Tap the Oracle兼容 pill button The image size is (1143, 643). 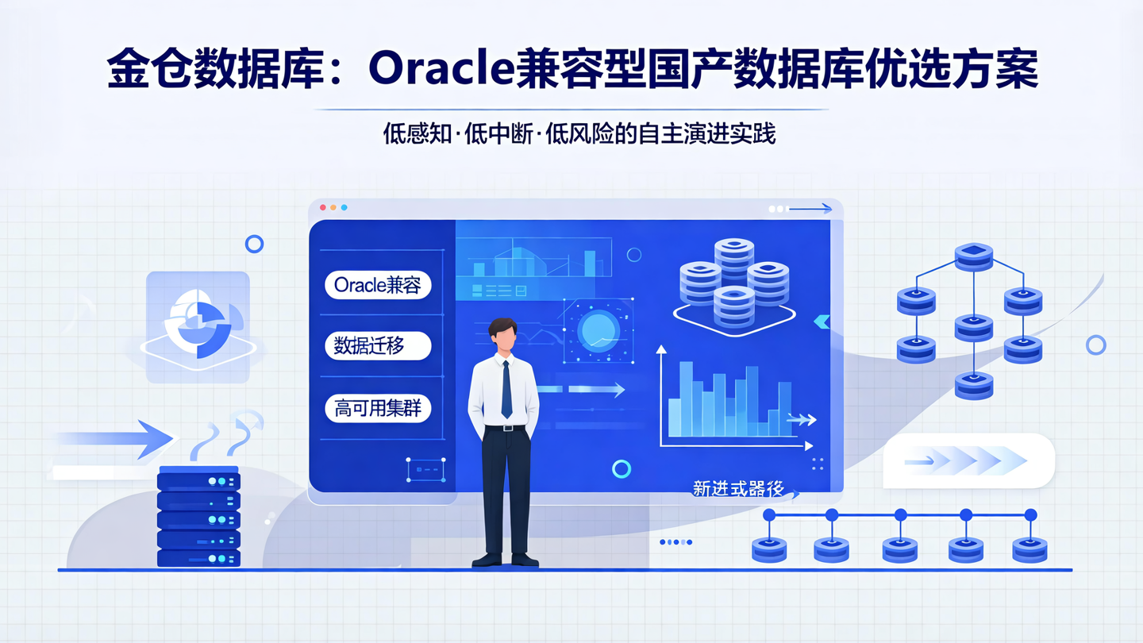pos(378,285)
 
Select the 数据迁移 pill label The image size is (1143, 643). pos(378,346)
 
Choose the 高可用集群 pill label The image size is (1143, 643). pos(378,409)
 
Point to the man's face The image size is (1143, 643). pos(503,338)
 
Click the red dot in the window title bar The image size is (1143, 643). pos(323,207)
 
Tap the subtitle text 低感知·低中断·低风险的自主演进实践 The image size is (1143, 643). pos(579,133)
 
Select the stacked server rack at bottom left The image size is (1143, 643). pos(198,517)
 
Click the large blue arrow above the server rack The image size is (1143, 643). pos(119,438)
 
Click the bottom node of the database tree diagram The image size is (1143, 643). pos(974,385)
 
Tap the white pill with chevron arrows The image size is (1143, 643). pos(968,460)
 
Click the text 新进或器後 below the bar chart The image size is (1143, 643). pos(738,489)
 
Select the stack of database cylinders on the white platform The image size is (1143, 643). pos(733,283)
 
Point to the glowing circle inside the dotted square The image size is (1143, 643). pos(598,331)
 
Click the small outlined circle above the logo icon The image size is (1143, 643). pos(254,244)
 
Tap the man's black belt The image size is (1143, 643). pos(504,428)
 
